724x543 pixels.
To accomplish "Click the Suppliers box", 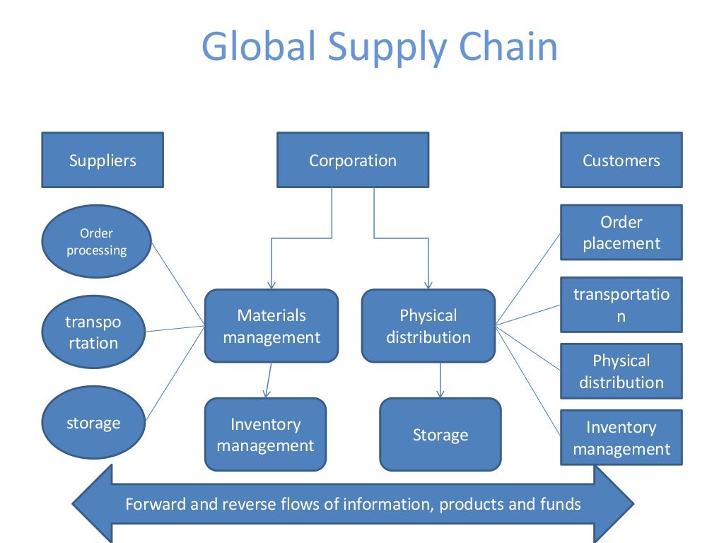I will coord(103,160).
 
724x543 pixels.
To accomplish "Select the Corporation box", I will coord(353,160).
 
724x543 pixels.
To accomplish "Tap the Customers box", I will coord(621,160).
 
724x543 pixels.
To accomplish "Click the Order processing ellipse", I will coord(97,241).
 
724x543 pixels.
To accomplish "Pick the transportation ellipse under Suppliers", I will coord(93,332).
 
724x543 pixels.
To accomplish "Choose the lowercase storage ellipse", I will coord(93,423).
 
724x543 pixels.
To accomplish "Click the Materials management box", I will coord(271,326).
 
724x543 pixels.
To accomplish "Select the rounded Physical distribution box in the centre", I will coord(428,326).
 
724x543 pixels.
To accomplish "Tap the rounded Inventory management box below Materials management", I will coord(265,434).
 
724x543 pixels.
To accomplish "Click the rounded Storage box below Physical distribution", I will coord(440,434).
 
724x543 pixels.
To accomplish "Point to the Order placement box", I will coord(621,233).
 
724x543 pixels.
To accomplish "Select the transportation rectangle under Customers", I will coord(621,305).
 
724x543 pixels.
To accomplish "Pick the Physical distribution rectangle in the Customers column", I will coord(621,371).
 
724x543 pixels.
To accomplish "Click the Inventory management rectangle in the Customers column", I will coord(621,438).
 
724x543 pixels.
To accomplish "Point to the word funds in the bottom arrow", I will coord(561,504).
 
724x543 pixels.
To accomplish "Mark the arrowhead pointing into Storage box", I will coord(440,393).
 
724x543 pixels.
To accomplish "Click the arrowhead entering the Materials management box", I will coord(271,284).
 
